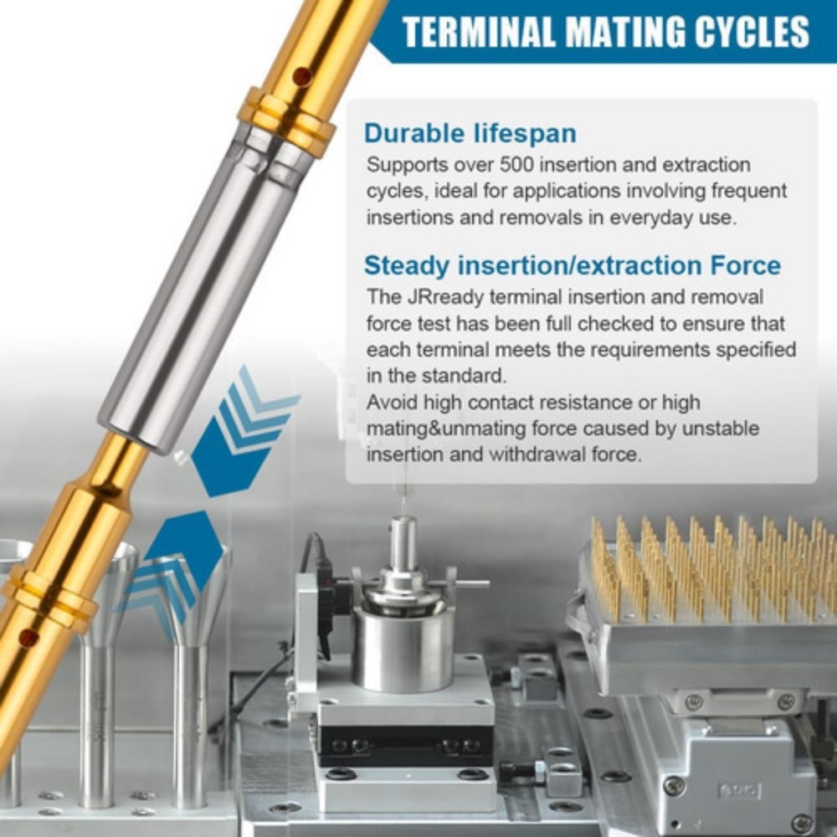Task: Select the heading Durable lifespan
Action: click(x=470, y=133)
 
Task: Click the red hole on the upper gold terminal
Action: click(x=301, y=76)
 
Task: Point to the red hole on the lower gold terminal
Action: click(x=28, y=637)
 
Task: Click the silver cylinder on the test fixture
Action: click(x=403, y=648)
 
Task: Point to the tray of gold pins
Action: click(x=706, y=603)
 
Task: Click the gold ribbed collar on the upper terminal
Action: click(x=287, y=121)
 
